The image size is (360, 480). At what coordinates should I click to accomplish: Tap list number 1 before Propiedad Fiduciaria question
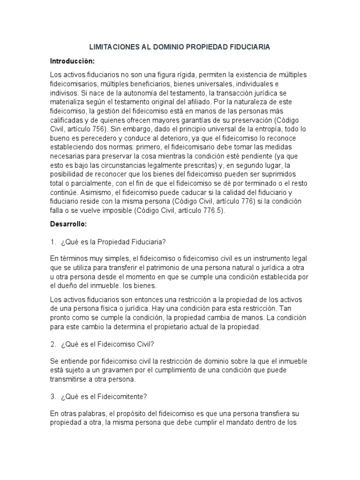(53, 242)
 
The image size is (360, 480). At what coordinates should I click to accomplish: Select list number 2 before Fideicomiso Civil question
(53, 344)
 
